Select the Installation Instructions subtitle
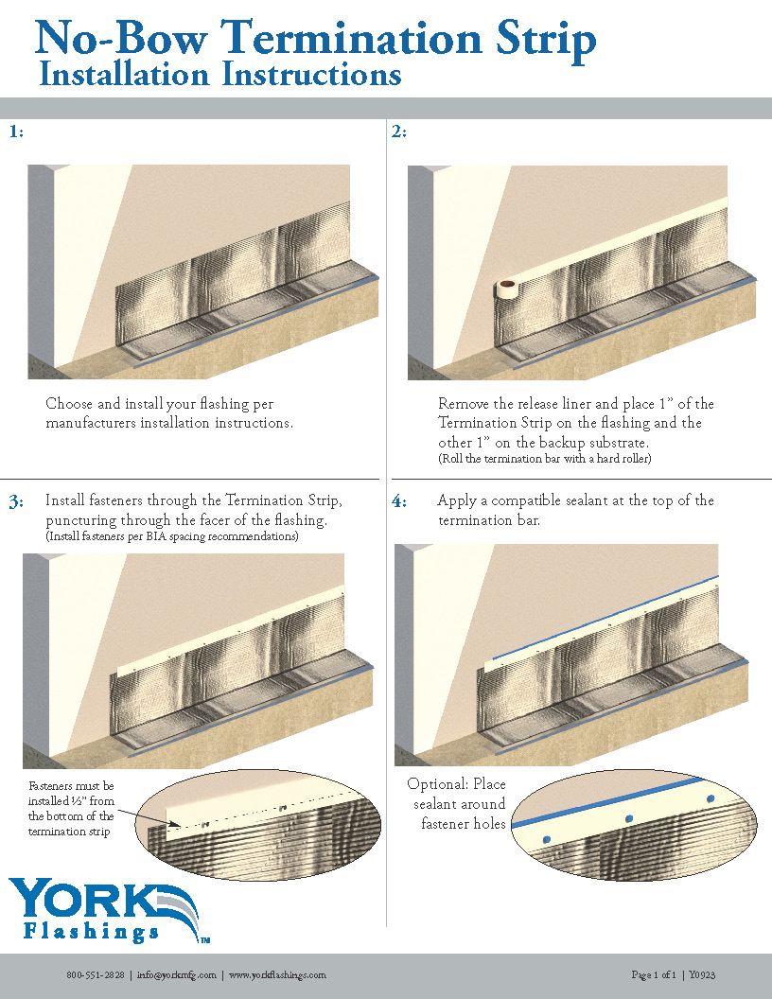pyautogui.click(x=220, y=75)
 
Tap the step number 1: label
pyautogui.click(x=16, y=131)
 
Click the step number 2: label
pyautogui.click(x=399, y=131)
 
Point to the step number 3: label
pyautogui.click(x=16, y=501)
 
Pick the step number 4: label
pyautogui.click(x=399, y=501)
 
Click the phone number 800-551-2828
pyautogui.click(x=95, y=974)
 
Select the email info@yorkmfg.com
pyautogui.click(x=177, y=974)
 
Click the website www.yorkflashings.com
pyautogui.click(x=277, y=974)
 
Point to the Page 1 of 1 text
pyautogui.click(x=654, y=974)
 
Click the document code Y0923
pyautogui.click(x=702, y=974)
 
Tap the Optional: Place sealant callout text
pyautogui.click(x=458, y=803)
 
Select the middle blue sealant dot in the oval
pyautogui.click(x=627, y=817)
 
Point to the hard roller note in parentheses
pyautogui.click(x=544, y=459)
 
